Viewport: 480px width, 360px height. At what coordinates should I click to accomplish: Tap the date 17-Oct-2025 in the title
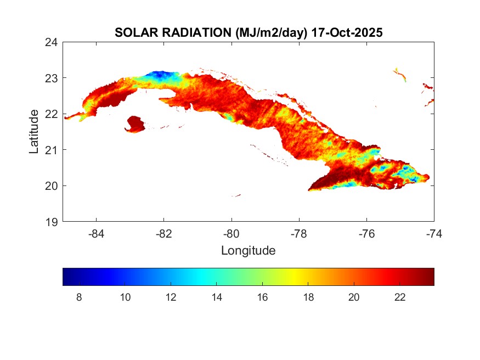[x=347, y=33]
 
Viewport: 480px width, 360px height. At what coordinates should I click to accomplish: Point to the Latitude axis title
[x=34, y=132]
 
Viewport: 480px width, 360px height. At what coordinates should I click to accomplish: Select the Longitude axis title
[x=248, y=251]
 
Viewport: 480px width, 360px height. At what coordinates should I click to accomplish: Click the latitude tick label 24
[x=53, y=42]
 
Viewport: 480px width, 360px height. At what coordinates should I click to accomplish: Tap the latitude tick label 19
[x=53, y=222]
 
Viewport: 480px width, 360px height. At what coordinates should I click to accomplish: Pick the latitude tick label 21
[x=53, y=150]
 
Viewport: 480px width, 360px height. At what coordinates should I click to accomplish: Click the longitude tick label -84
[x=97, y=234]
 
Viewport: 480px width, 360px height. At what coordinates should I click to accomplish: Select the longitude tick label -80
[x=231, y=234]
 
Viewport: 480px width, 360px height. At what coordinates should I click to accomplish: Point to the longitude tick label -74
[x=434, y=234]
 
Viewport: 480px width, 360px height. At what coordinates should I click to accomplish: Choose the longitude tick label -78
[x=299, y=234]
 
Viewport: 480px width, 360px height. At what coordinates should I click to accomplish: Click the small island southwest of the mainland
[x=135, y=124]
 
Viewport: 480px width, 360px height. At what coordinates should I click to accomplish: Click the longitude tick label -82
[x=164, y=234]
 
